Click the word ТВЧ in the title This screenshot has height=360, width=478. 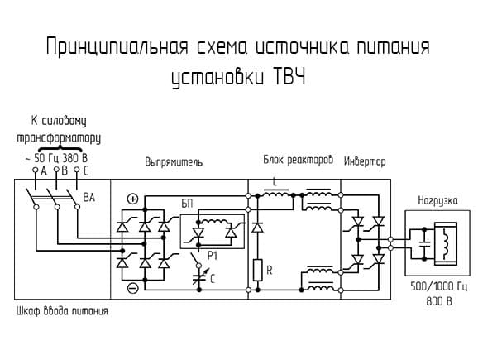pyautogui.click(x=288, y=77)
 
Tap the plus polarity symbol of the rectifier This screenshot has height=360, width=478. pyautogui.click(x=132, y=199)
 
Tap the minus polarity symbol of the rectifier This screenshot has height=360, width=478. pyautogui.click(x=132, y=288)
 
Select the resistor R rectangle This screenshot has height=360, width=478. pyautogui.click(x=257, y=270)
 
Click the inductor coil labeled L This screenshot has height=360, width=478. pyautogui.click(x=276, y=193)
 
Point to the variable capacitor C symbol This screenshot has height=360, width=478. pyautogui.click(x=199, y=277)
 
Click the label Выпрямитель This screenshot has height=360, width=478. pyautogui.click(x=174, y=162)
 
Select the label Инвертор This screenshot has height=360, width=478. pyautogui.click(x=365, y=161)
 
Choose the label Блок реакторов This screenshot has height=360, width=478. pyautogui.click(x=299, y=160)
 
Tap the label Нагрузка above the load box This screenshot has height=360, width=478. pyautogui.click(x=437, y=201)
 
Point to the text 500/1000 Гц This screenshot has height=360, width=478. pyautogui.click(x=438, y=287)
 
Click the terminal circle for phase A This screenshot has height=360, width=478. pyautogui.click(x=36, y=170)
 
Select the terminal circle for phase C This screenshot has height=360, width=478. pyautogui.click(x=77, y=170)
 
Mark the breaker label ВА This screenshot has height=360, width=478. pyautogui.click(x=89, y=198)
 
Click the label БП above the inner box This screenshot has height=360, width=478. pyautogui.click(x=187, y=204)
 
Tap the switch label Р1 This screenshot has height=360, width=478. pyautogui.click(x=213, y=256)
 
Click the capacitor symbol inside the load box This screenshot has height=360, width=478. pyautogui.click(x=424, y=243)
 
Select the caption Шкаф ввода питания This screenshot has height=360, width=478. pyautogui.click(x=62, y=311)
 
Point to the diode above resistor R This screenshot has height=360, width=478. pyautogui.click(x=258, y=228)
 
